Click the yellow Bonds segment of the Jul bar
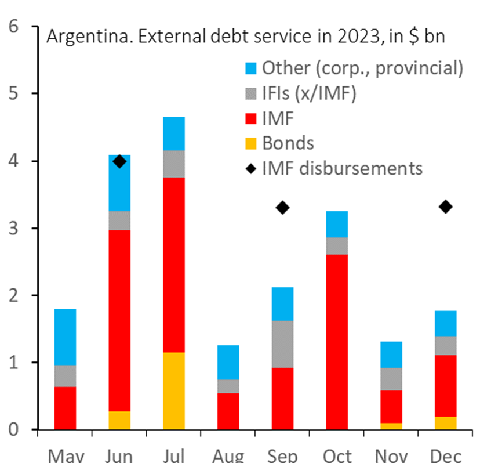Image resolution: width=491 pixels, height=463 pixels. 174,391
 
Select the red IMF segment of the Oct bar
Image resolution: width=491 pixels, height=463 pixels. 337,342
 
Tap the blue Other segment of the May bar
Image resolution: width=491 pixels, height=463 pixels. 65,337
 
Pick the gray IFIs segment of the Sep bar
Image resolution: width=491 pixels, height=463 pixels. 282,344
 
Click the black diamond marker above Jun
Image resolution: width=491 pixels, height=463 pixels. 119,162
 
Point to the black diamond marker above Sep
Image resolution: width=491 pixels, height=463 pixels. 282,208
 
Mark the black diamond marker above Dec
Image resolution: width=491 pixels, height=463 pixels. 446,207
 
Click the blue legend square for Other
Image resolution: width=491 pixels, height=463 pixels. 251,68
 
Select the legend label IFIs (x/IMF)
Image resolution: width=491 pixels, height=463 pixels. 310,93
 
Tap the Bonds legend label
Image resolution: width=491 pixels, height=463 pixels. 288,143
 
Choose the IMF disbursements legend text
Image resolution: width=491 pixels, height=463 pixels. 343,168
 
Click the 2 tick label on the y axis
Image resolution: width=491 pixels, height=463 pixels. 13,295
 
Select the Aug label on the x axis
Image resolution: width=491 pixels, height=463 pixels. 228,456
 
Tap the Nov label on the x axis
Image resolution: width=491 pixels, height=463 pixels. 391,456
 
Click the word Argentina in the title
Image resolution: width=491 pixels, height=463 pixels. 88,37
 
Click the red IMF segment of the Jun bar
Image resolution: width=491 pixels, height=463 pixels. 119,321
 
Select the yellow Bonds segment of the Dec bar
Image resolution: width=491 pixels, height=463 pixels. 446,423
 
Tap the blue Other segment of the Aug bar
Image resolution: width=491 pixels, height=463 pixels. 228,363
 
